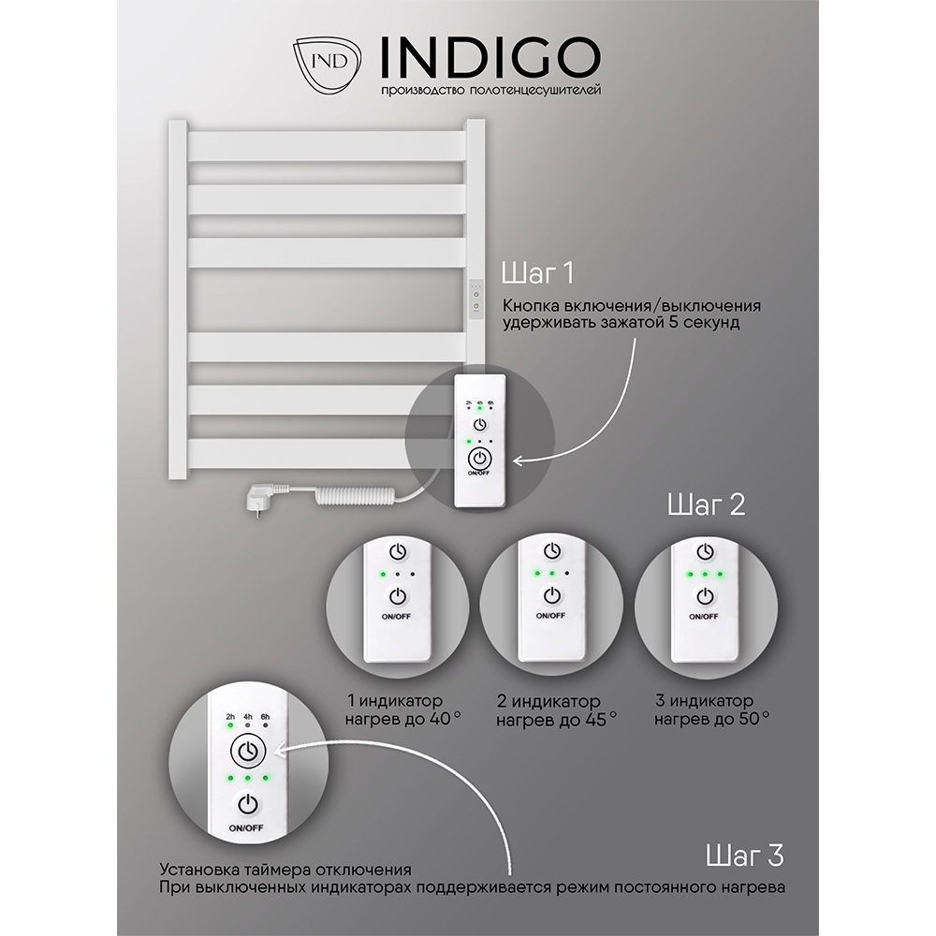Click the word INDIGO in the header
(490, 58)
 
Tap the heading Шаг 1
(538, 272)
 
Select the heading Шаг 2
(706, 505)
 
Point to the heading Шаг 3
(744, 856)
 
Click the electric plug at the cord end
(259, 496)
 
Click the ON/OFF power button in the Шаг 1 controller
(478, 460)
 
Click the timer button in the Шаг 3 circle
(248, 751)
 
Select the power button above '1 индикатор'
(398, 595)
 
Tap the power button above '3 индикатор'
(706, 595)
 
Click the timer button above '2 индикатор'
(552, 549)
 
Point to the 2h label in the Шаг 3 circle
(230, 716)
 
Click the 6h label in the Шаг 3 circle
(265, 716)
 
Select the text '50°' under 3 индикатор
(753, 718)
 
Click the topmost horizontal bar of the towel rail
(327, 146)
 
